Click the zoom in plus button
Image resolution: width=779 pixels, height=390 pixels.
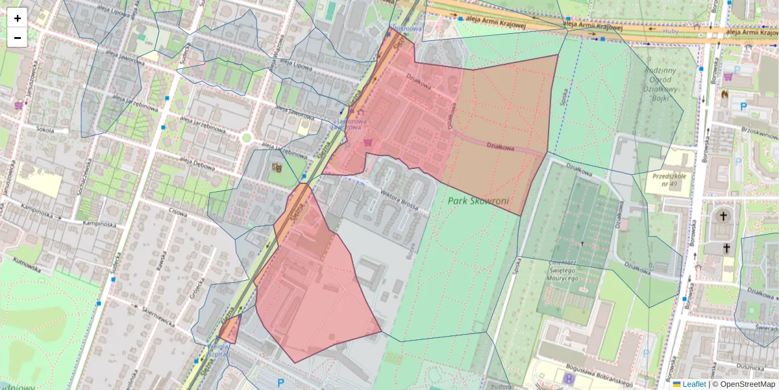(18, 18)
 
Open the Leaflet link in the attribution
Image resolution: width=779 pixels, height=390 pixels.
(694, 384)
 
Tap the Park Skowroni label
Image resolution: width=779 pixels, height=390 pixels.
(477, 200)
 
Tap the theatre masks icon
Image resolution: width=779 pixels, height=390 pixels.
(277, 168)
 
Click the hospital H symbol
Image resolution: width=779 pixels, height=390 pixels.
(569, 378)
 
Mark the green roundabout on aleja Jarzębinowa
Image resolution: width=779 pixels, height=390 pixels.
(246, 138)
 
